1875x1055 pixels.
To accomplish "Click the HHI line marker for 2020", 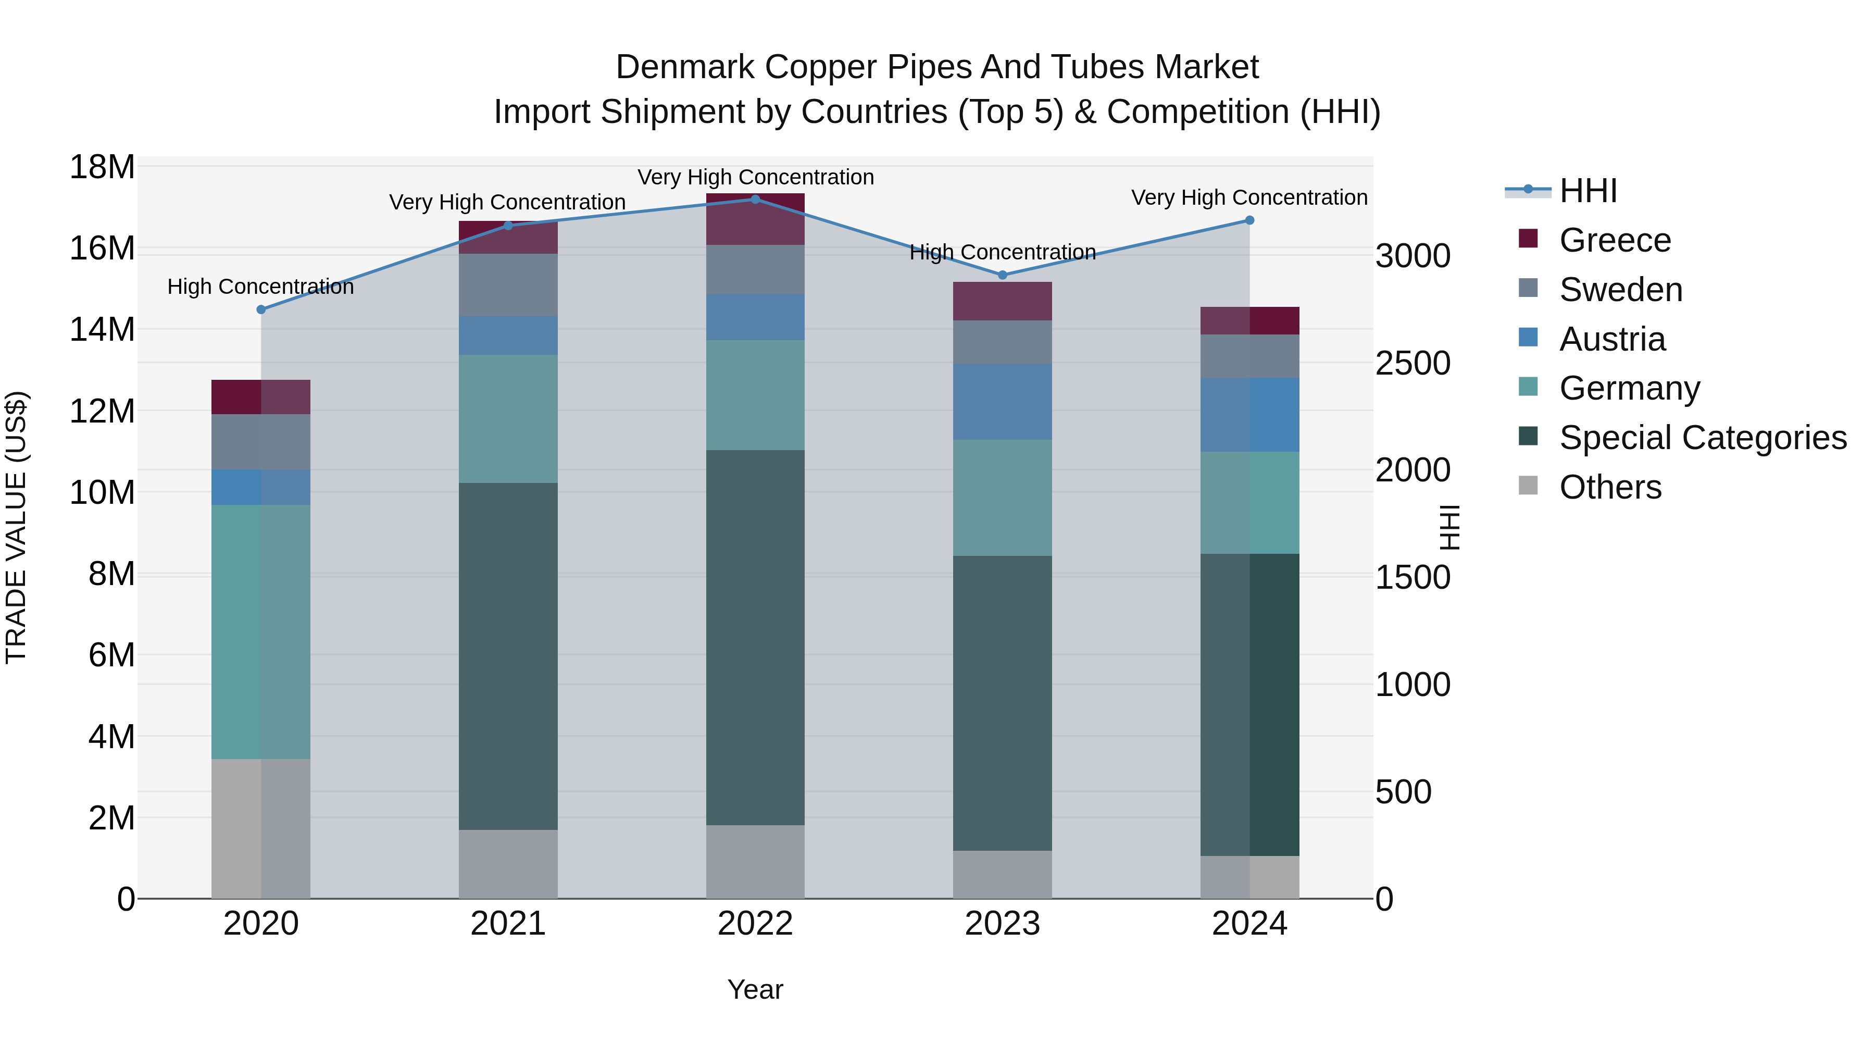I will click(x=261, y=309).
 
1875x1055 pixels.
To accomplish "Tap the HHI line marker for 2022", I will click(x=756, y=200).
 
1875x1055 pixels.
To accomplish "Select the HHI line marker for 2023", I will click(x=1002, y=275).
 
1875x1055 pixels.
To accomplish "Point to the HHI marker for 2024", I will click(x=1250, y=220).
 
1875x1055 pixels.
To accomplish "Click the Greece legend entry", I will click(x=1615, y=240).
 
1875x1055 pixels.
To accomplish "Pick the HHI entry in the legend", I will click(x=1587, y=191).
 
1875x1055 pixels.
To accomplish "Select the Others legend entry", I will click(x=1610, y=487).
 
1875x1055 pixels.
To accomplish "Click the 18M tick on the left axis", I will click(x=102, y=167).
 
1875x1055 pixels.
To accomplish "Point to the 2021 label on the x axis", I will click(x=508, y=924).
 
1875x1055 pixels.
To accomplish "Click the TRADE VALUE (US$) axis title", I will click(x=16, y=527).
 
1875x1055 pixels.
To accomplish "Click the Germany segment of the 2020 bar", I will click(x=260, y=631).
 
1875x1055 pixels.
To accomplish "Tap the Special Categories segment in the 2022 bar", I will click(x=756, y=637).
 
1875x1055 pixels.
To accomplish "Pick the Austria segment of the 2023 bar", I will click(x=1002, y=402).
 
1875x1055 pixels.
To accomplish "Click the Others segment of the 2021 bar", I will click(x=508, y=864).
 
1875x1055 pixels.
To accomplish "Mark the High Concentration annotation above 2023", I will click(x=1002, y=253).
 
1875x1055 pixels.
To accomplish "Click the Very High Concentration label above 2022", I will click(x=756, y=178).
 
